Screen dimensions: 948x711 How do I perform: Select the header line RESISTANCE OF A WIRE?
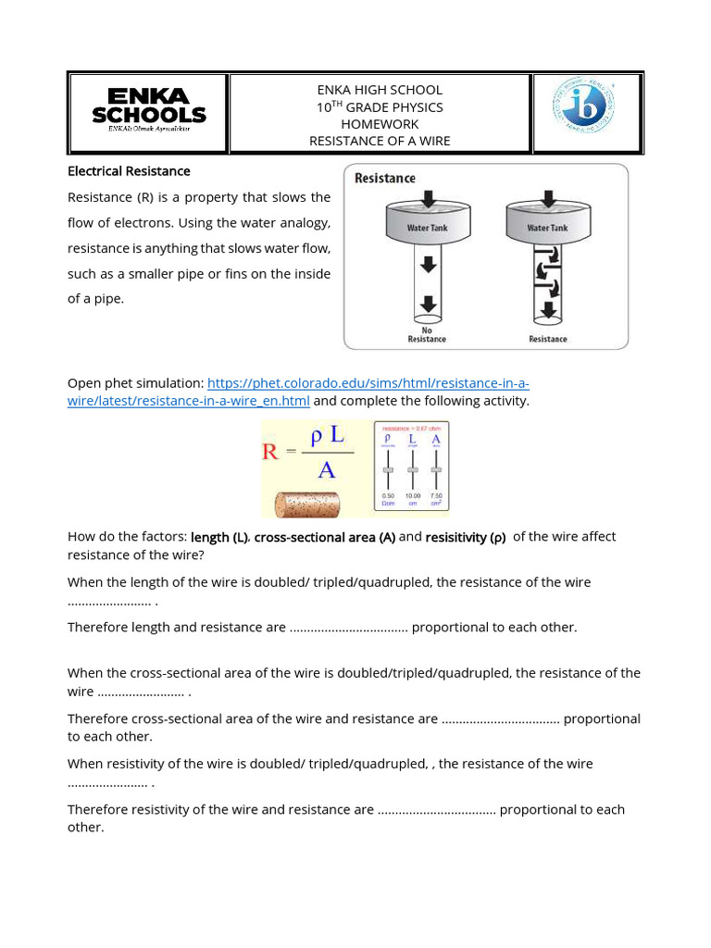380,141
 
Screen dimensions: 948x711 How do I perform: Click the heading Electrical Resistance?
129,171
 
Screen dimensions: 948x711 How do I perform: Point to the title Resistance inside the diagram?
385,178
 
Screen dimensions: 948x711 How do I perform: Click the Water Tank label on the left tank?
426,228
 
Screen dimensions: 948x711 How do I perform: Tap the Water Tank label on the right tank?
548,228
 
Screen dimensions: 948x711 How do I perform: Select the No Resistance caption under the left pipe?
426,334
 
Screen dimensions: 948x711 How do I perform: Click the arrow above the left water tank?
427,198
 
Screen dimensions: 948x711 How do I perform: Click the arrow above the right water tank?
548,198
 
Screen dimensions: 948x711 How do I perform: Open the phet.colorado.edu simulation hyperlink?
368,383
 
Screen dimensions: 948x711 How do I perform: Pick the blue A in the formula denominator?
326,471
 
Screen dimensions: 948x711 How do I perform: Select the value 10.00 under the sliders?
412,496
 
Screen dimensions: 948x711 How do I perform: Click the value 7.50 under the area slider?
435,496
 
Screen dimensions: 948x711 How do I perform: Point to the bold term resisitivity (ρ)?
466,538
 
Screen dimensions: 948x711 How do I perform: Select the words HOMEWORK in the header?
380,124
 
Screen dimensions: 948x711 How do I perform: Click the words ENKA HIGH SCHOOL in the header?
380,90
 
